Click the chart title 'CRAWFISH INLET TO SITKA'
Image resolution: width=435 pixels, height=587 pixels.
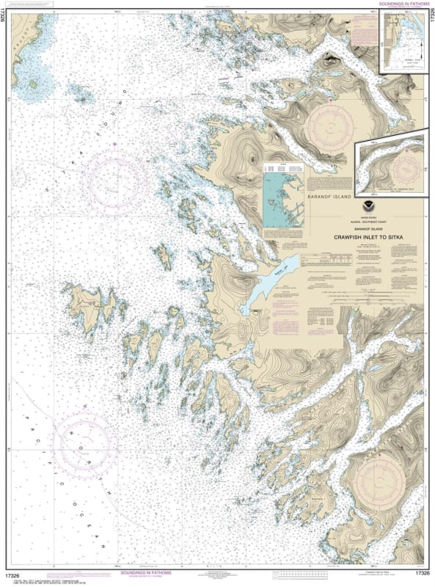tap(359, 237)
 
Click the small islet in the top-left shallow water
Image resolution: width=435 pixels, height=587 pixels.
tap(34, 83)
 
